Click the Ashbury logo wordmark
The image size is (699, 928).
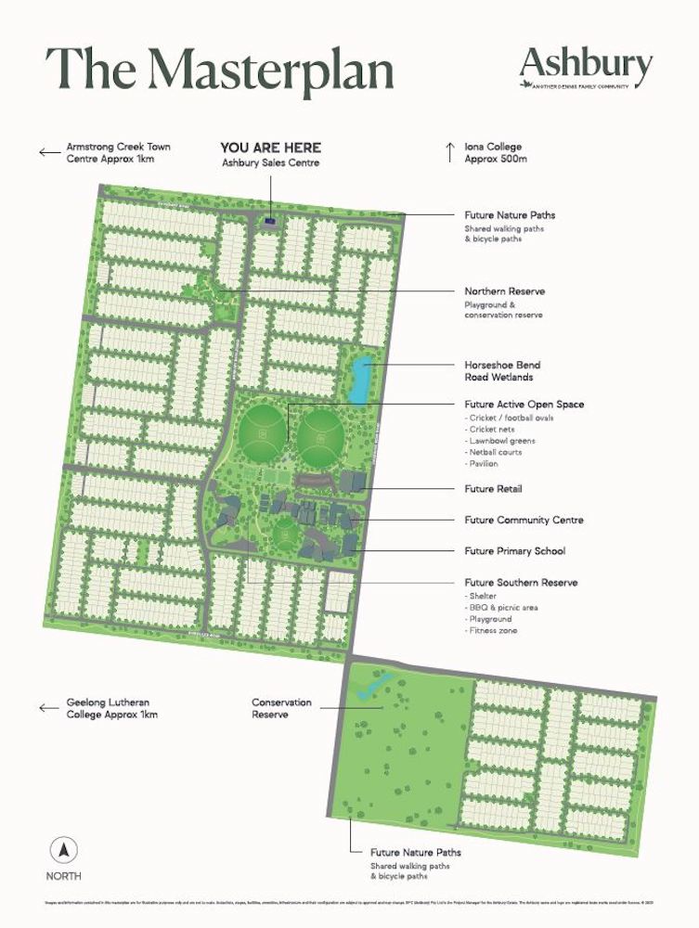point(586,64)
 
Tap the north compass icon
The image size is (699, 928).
point(63,849)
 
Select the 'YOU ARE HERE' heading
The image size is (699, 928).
point(270,148)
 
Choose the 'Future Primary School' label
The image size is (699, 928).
point(514,551)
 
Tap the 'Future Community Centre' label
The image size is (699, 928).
point(524,520)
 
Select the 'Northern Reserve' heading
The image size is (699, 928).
point(504,291)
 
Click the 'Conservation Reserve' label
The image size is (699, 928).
point(281,708)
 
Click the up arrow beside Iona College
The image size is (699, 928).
point(449,151)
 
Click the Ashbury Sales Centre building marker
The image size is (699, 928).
point(270,221)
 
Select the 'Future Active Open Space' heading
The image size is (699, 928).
point(524,405)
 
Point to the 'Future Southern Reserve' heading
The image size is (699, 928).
point(521,583)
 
